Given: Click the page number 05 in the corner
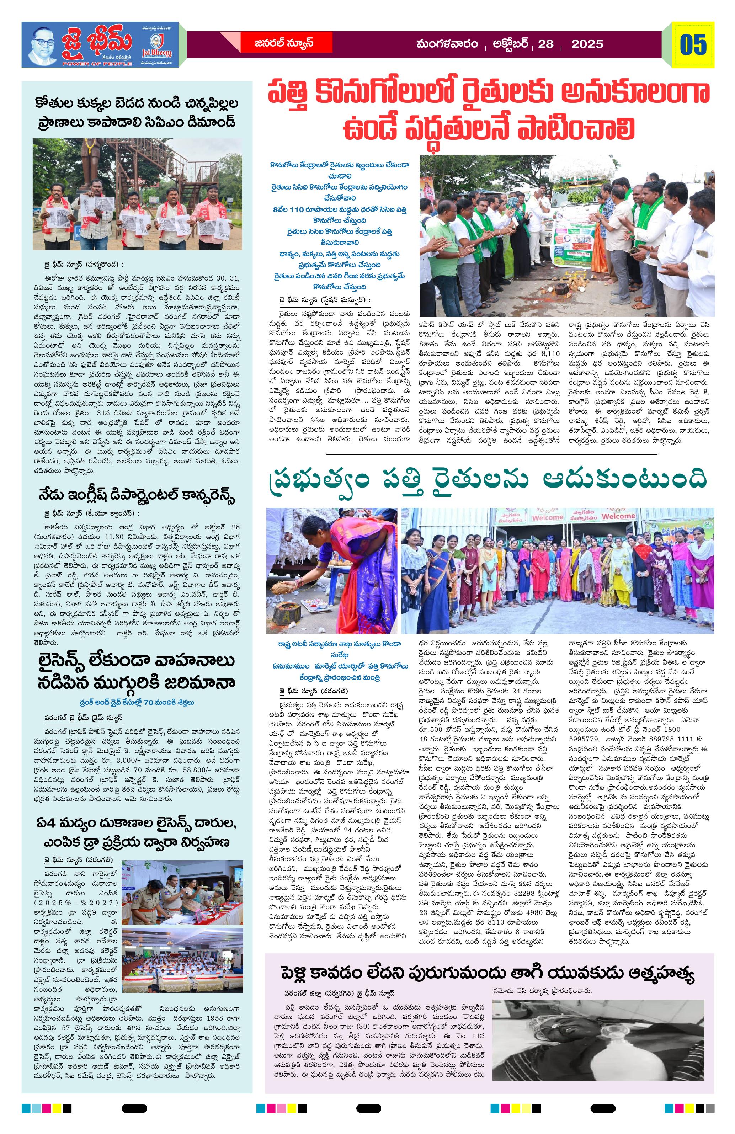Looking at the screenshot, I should (x=693, y=45).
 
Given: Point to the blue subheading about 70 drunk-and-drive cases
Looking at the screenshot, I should (x=136, y=702).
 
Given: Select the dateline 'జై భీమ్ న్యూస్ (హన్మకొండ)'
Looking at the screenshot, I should (x=83, y=265).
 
